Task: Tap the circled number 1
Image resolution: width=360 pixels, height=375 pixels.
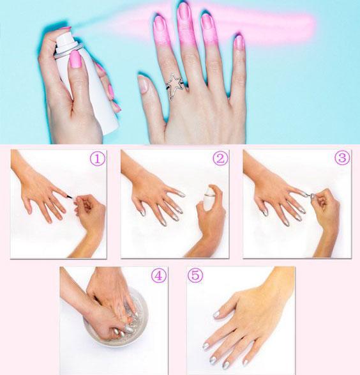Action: tap(98, 158)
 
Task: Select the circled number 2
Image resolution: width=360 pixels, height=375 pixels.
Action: tap(220, 158)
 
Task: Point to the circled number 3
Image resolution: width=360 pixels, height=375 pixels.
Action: tap(342, 158)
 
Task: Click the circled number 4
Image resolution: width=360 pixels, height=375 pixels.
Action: tap(158, 275)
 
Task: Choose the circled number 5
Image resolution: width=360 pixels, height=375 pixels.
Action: tap(195, 275)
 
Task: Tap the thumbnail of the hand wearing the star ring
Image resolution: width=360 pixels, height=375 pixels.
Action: tap(143, 84)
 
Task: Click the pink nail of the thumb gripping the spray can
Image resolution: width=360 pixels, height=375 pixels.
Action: tap(76, 59)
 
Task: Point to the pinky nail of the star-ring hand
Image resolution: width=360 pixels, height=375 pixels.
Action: tap(239, 43)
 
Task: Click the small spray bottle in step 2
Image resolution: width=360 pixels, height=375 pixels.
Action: tap(209, 199)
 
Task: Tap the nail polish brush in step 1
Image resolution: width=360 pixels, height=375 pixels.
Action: tap(70, 197)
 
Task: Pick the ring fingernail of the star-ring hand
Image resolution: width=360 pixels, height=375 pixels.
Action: tap(207, 22)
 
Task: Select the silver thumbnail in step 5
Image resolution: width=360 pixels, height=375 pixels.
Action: tap(216, 314)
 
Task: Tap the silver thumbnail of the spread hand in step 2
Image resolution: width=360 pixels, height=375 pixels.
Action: tap(142, 213)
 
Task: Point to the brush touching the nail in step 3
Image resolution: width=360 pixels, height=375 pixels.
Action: tap(311, 195)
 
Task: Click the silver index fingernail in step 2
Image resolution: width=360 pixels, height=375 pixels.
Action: tap(182, 195)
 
